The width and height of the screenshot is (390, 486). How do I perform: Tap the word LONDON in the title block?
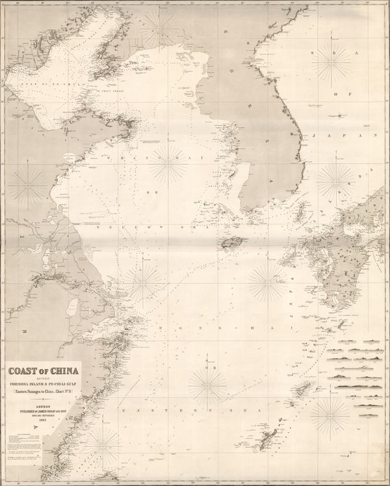coord(42,402)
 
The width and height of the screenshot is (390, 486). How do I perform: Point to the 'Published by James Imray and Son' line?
coord(42,408)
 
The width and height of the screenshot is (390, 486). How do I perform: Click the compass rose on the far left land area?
coord(29,184)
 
